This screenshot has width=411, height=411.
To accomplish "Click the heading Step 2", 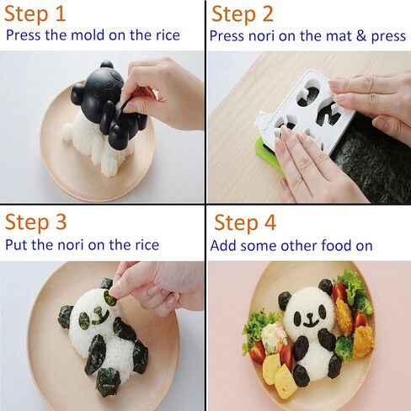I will click(x=254, y=15).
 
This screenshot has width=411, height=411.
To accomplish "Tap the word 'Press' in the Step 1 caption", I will click(x=26, y=36).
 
